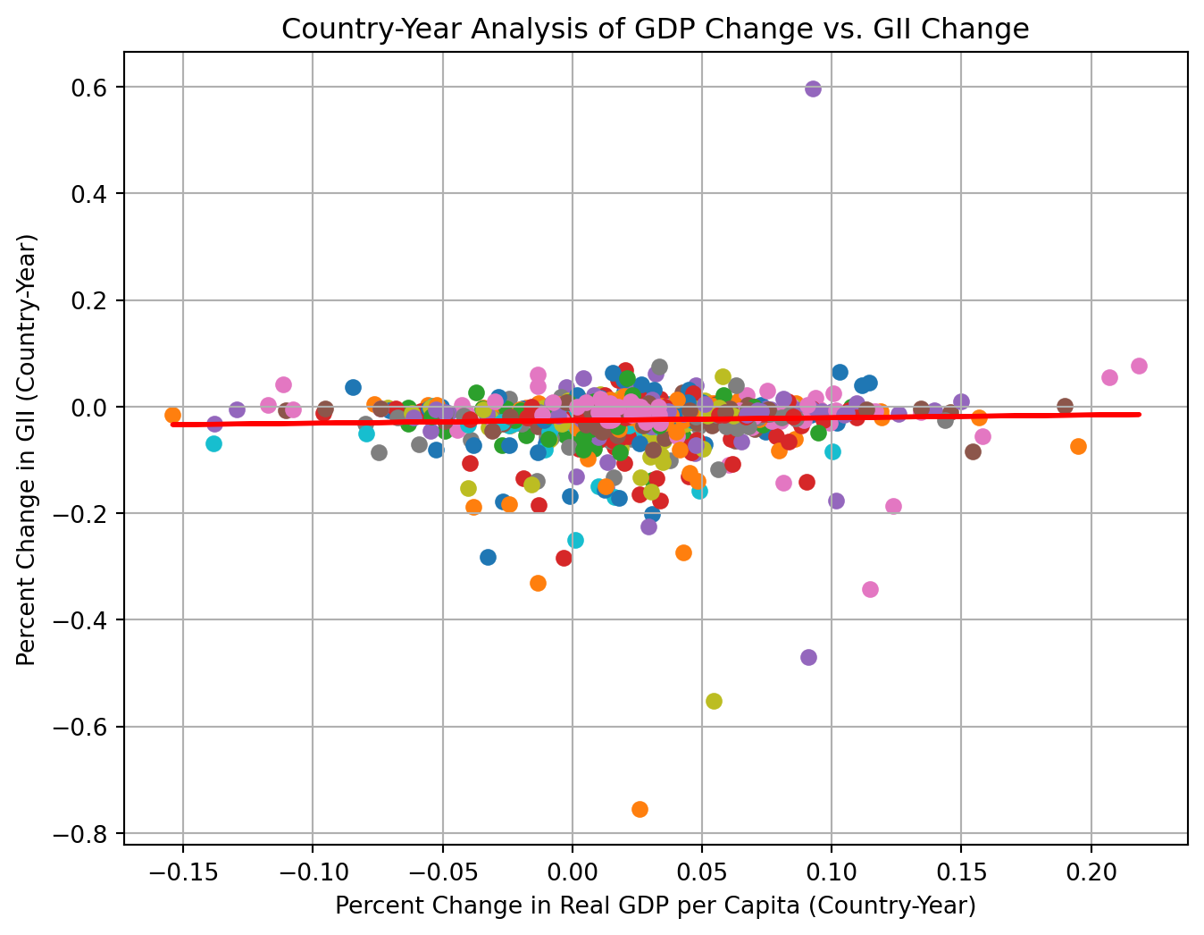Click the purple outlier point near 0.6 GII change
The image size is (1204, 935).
click(813, 88)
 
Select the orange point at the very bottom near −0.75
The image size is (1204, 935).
click(640, 809)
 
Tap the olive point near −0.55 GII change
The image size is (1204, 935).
click(714, 701)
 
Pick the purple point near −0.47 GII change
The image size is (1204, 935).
click(808, 657)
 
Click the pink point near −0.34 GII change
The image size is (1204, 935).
click(870, 589)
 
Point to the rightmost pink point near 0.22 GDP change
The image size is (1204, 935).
click(1139, 366)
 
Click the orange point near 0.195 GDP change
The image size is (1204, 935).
click(1078, 446)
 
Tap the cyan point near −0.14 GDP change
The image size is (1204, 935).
click(213, 443)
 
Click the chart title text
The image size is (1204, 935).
click(655, 29)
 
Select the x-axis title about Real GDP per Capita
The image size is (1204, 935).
click(655, 906)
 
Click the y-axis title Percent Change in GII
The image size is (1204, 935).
click(26, 450)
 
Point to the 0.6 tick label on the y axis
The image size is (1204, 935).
click(88, 88)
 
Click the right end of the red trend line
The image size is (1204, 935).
click(1139, 414)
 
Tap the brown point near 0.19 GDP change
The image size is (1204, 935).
click(1065, 406)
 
